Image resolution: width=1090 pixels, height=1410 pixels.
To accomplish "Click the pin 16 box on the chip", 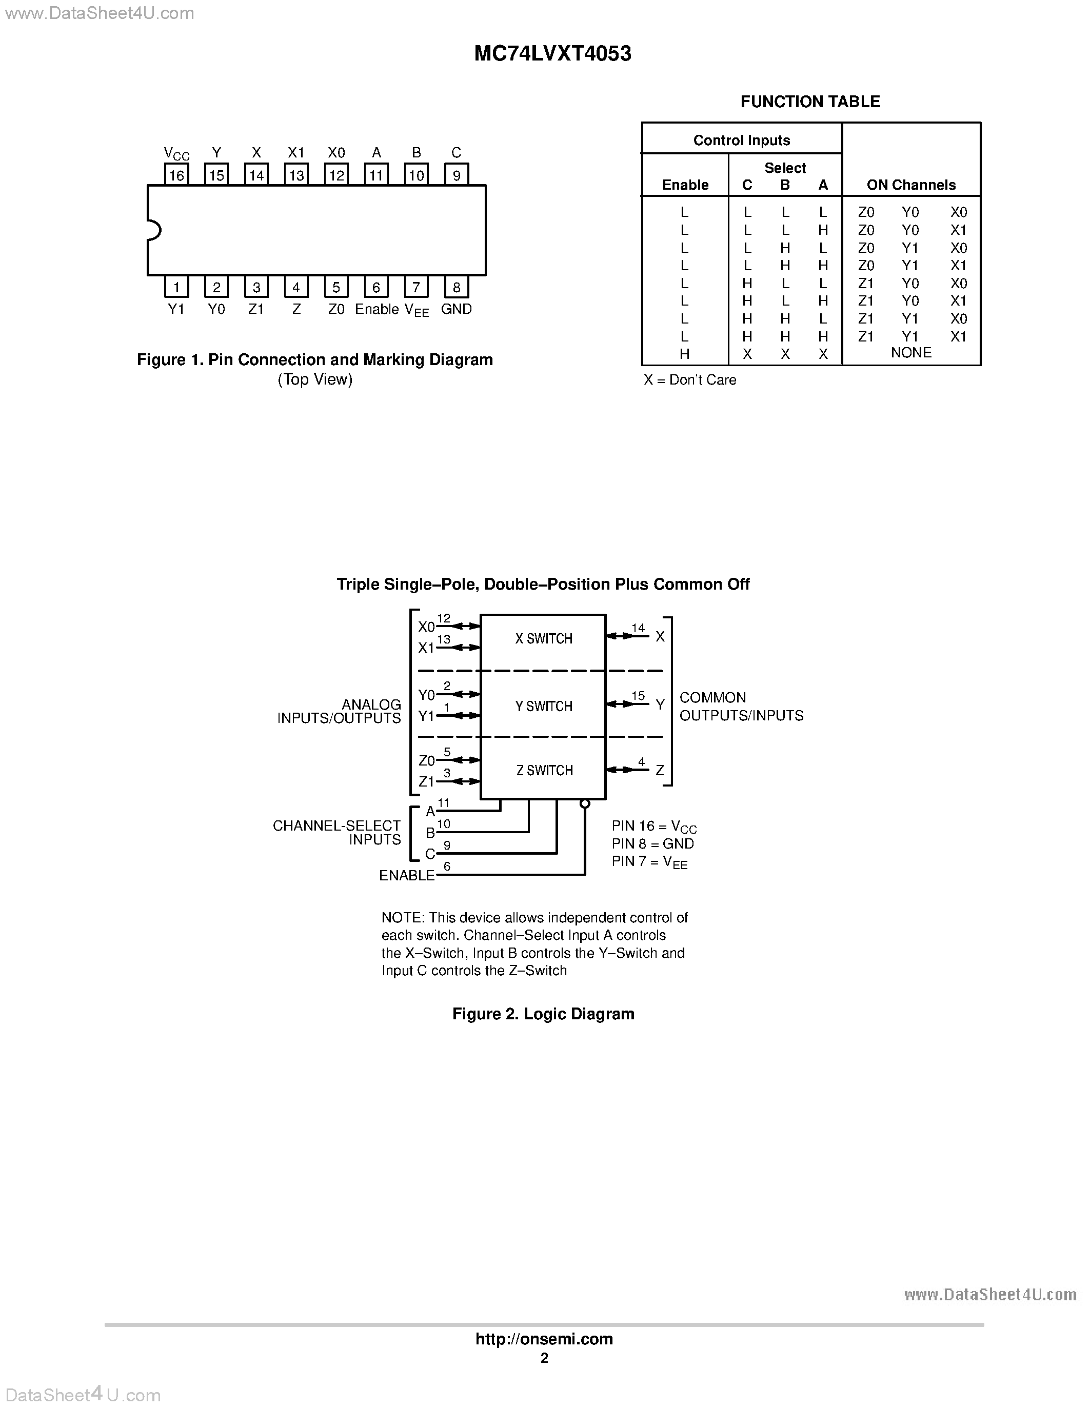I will [x=176, y=175].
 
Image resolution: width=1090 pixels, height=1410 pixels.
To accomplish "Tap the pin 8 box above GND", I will [x=457, y=287].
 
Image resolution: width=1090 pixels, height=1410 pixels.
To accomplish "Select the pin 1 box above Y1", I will [x=176, y=287].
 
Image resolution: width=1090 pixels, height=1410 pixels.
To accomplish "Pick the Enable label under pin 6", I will [x=376, y=309].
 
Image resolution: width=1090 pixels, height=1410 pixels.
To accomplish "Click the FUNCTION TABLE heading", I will [x=810, y=102].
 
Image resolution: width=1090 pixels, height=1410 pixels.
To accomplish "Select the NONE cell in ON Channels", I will [x=910, y=353].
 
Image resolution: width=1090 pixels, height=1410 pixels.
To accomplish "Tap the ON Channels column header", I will [x=910, y=185].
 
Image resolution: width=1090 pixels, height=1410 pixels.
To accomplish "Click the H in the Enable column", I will [x=684, y=354].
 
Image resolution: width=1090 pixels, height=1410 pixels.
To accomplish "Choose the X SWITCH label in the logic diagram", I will [x=544, y=638].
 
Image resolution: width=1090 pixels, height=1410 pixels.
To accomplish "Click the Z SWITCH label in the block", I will [x=544, y=770].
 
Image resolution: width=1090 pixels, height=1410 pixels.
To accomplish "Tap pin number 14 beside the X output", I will [x=638, y=628].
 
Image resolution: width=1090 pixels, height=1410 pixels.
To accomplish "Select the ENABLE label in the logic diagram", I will [x=407, y=875].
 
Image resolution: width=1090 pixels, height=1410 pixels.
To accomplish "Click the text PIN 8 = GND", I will [x=653, y=844].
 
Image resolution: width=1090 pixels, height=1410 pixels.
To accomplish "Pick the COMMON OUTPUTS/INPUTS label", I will [x=741, y=707].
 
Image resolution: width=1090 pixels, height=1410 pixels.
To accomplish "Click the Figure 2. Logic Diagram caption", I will [x=543, y=1014].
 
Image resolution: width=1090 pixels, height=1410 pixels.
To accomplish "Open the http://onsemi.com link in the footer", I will [x=544, y=1339].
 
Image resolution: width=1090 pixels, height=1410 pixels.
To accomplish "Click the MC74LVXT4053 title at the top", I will [x=553, y=54].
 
